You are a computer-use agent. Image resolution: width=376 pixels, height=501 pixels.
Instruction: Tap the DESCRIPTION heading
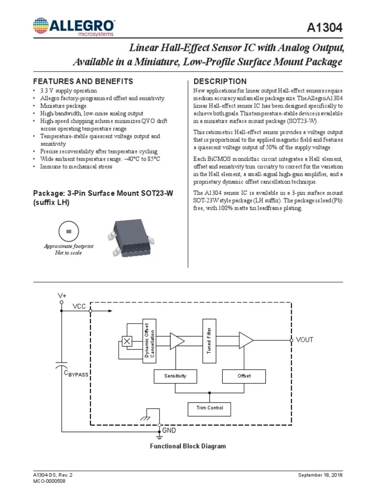click(x=220, y=81)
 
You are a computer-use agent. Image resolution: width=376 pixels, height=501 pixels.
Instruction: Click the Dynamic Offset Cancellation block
click(x=149, y=341)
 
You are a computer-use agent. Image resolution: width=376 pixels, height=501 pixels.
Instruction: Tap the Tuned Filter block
click(x=209, y=341)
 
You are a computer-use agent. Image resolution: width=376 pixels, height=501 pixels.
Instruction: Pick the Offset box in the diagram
click(x=244, y=376)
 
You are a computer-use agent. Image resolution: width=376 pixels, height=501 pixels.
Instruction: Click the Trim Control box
click(x=209, y=408)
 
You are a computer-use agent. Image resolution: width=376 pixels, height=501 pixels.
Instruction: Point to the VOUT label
click(x=305, y=340)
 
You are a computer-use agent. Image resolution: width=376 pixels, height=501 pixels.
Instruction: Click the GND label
click(x=169, y=430)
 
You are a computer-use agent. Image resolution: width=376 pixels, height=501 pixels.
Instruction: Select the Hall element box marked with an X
click(x=127, y=341)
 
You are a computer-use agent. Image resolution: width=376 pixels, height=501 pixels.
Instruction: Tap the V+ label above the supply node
click(x=62, y=296)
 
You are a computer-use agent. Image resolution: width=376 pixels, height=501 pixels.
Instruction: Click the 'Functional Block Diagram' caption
click(x=188, y=446)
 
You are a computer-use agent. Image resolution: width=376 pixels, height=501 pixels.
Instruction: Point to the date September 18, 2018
click(x=320, y=476)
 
